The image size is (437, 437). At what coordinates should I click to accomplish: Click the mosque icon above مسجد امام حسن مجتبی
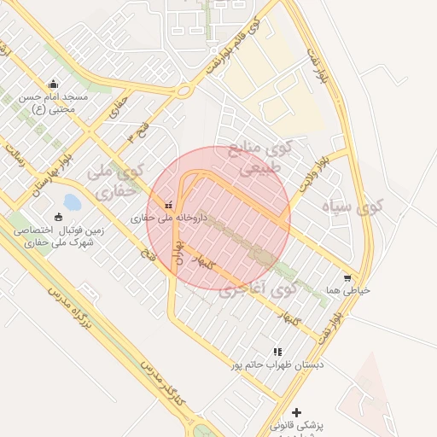pyautogui.click(x=54, y=84)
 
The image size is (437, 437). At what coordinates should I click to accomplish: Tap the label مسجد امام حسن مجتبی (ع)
pyautogui.click(x=54, y=102)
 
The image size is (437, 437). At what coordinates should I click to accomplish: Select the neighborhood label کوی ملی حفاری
pyautogui.click(x=113, y=181)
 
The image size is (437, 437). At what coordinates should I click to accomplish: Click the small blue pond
pyautogui.click(x=72, y=202)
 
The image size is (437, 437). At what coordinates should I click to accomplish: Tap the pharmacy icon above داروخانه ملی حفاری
pyautogui.click(x=167, y=205)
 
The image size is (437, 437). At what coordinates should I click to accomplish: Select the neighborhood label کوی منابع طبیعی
pyautogui.click(x=265, y=158)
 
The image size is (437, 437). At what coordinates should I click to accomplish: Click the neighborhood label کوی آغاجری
pyautogui.click(x=258, y=288)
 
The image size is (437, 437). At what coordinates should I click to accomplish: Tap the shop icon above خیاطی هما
pyautogui.click(x=347, y=277)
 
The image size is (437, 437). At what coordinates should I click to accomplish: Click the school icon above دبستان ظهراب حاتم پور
pyautogui.click(x=277, y=351)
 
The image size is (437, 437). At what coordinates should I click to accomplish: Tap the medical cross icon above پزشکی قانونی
pyautogui.click(x=296, y=412)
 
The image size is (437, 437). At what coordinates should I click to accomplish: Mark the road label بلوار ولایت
pyautogui.click(x=313, y=172)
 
